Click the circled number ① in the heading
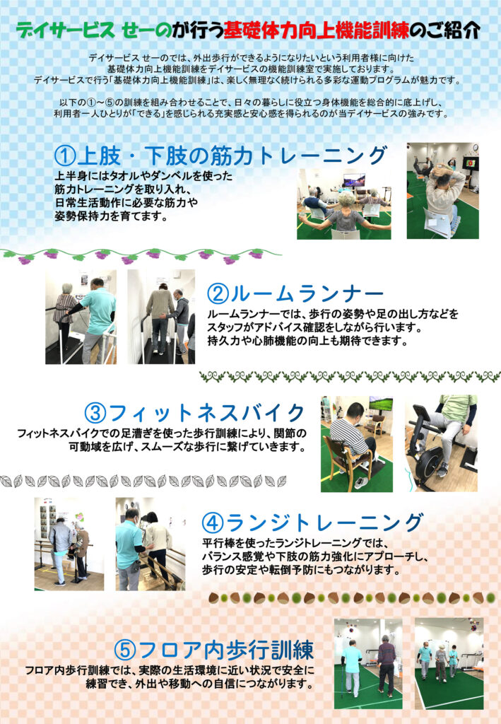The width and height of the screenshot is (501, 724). point(64,156)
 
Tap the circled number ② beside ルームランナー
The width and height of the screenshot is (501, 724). point(218,293)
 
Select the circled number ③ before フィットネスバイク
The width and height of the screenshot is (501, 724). point(95,412)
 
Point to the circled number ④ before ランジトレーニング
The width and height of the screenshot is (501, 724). point(213,522)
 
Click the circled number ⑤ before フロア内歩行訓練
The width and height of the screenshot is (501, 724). point(125,650)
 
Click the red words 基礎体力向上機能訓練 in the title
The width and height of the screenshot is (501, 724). point(317,31)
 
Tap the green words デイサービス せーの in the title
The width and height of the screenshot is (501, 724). point(94,31)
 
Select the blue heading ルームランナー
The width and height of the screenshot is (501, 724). point(307,293)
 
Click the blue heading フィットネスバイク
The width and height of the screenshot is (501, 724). point(206,412)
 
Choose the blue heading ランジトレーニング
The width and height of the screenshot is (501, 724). point(324,522)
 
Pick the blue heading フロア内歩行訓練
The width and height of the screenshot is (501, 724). point(226,650)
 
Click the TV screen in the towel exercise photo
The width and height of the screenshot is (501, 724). point(354,180)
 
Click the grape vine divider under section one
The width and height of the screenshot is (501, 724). point(140,256)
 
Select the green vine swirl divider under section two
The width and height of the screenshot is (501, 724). point(350,376)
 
